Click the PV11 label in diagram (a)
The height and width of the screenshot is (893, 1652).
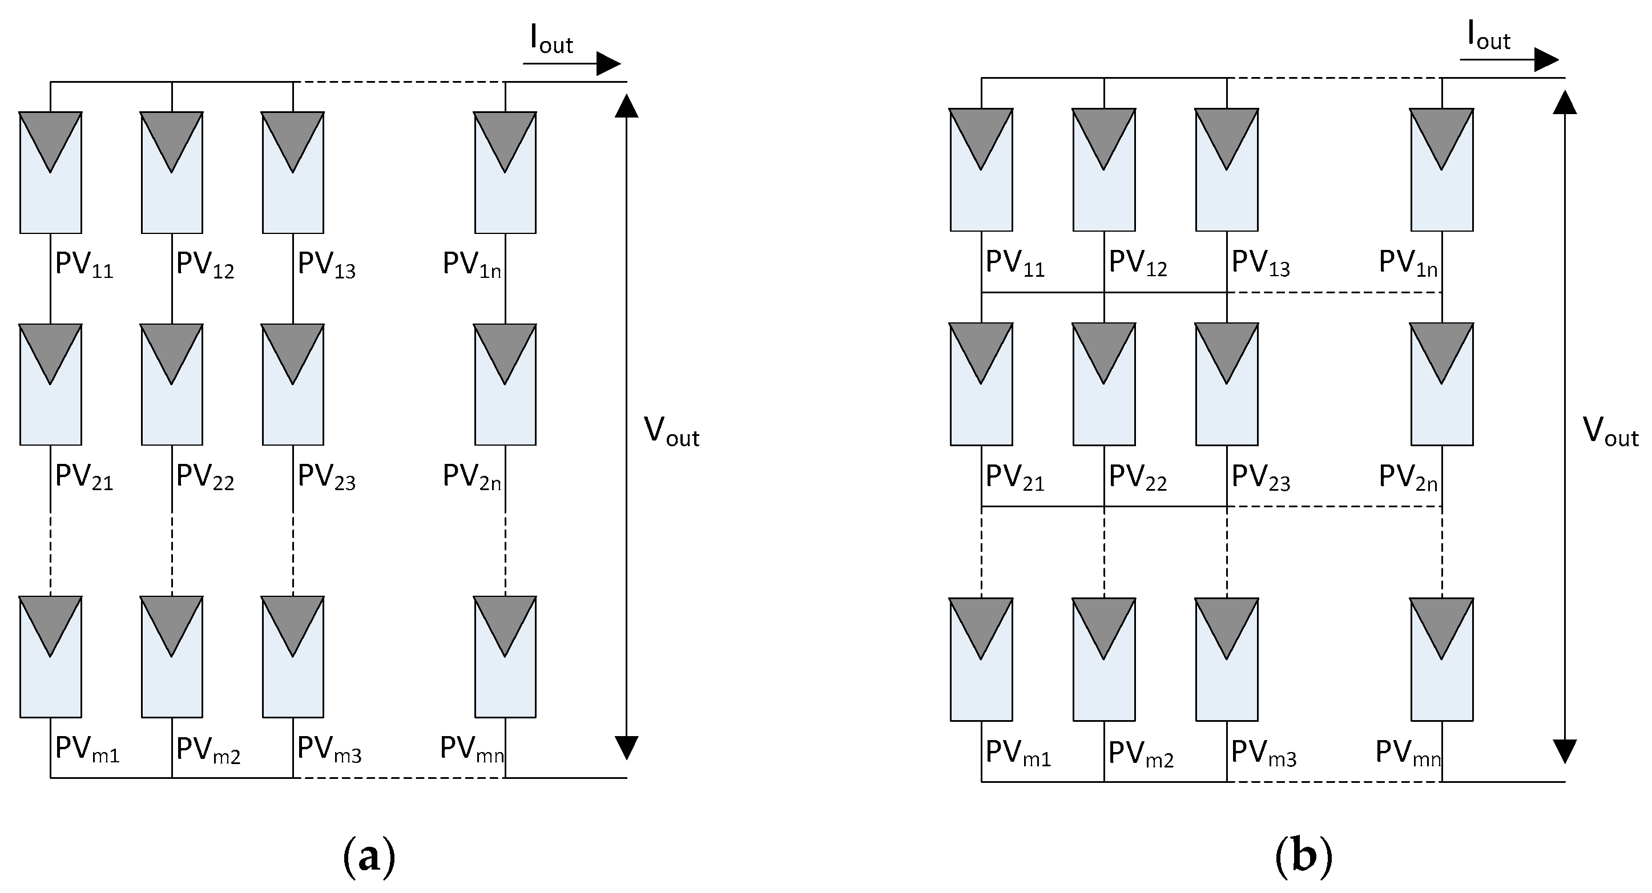click(x=84, y=265)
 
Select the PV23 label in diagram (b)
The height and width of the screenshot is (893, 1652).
click(x=1261, y=478)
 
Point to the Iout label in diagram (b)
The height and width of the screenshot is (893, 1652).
click(x=1489, y=37)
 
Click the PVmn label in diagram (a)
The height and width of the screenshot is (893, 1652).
click(x=472, y=749)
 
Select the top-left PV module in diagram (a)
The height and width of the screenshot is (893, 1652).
click(x=51, y=172)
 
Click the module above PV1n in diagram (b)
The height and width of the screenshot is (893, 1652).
click(x=1442, y=169)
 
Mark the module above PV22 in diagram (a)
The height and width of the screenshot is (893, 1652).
click(x=172, y=384)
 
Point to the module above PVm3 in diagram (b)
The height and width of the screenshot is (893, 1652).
click(x=1226, y=659)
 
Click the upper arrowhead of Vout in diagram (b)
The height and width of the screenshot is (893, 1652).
click(x=1565, y=103)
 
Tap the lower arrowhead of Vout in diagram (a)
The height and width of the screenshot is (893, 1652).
click(x=627, y=747)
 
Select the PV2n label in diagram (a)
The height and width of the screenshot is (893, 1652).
click(x=472, y=478)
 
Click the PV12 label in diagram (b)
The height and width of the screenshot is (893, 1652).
click(x=1138, y=264)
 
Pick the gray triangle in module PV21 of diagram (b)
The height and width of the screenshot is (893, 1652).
click(x=981, y=349)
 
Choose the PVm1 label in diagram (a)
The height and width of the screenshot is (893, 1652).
click(x=87, y=749)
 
